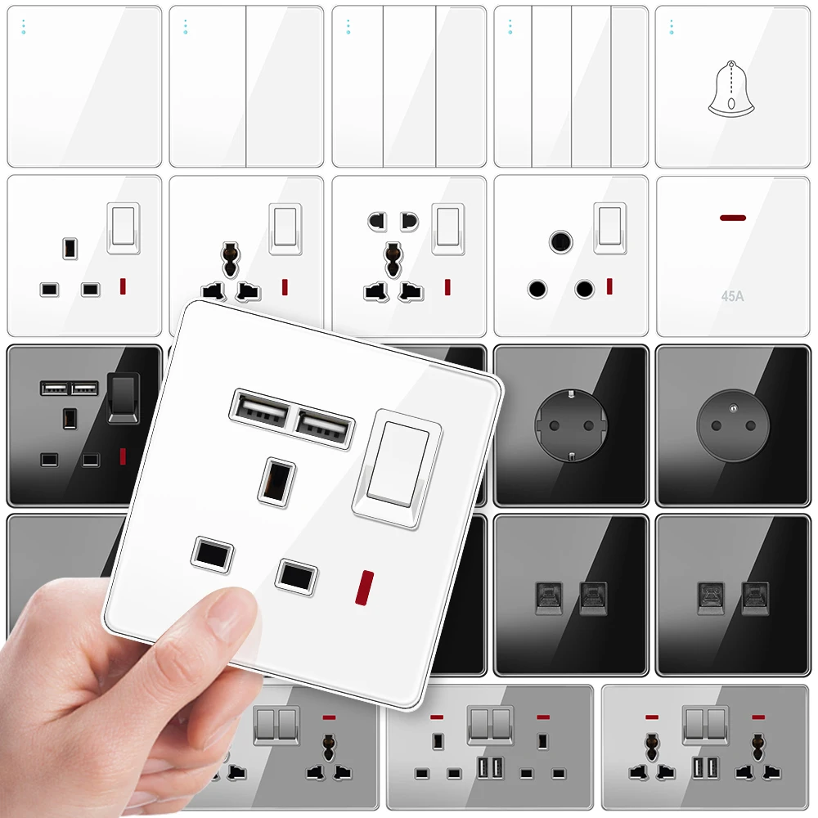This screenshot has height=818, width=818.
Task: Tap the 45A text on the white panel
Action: [732, 296]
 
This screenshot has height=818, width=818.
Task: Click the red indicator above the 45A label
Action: [732, 218]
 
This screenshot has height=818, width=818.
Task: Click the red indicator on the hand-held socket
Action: [363, 587]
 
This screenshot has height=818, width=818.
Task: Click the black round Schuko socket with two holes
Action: [570, 425]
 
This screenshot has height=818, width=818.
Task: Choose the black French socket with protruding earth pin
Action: [732, 425]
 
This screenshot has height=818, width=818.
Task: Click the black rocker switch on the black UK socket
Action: [121, 398]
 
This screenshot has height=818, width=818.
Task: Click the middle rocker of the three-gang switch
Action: [409, 87]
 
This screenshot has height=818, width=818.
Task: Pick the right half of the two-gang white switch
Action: [284, 87]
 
